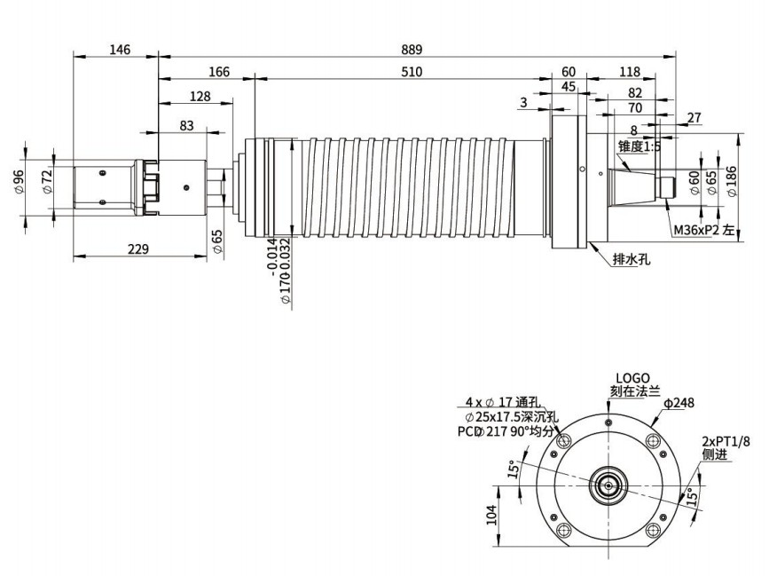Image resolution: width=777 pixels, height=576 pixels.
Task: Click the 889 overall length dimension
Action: tap(412, 50)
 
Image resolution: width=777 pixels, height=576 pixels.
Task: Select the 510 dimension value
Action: tap(412, 72)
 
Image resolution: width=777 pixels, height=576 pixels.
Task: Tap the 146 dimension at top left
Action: tap(120, 50)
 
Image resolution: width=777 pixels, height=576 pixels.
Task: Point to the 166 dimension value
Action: tap(219, 72)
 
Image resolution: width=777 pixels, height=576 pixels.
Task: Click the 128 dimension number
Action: tap(200, 96)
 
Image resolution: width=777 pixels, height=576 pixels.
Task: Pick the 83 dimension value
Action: tap(186, 126)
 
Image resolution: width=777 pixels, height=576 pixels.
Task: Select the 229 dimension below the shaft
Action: tap(138, 249)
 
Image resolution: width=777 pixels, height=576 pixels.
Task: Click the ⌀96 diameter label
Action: tap(18, 182)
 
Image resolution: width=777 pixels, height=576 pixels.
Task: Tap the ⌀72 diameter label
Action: tap(47, 182)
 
